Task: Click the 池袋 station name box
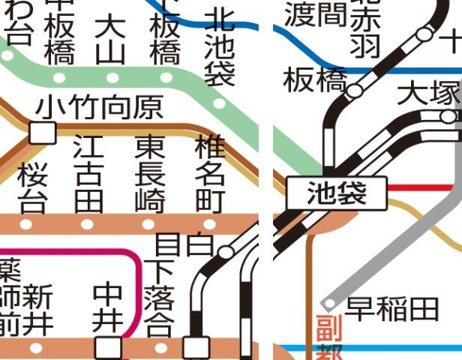tap(337, 195)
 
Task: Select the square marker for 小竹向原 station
tap(43, 133)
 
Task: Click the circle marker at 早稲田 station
tap(328, 304)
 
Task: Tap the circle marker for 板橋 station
tap(355, 91)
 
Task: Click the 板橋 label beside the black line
tap(313, 80)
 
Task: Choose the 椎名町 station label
tap(209, 172)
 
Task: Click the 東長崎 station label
tap(150, 172)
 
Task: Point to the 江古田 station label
tap(88, 172)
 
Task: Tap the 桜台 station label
tap(32, 188)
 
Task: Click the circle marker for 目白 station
tap(226, 251)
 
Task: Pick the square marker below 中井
tap(108, 347)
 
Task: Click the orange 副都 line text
tap(328, 337)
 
